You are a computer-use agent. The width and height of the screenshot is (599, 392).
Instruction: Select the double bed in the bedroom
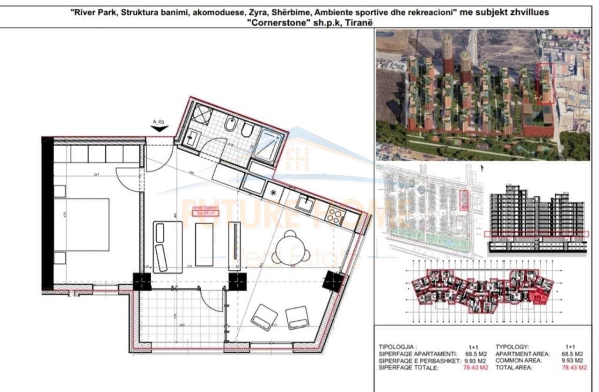point(82,225)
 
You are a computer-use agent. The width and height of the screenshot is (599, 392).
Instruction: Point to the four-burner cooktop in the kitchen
point(336,215)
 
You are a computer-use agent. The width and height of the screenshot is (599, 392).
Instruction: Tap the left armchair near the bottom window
point(264,318)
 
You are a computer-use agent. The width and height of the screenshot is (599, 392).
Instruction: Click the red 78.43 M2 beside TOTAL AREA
point(574,368)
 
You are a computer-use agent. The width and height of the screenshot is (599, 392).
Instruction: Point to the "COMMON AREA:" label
point(519,361)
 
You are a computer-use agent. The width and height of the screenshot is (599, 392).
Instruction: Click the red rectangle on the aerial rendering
point(545,83)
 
